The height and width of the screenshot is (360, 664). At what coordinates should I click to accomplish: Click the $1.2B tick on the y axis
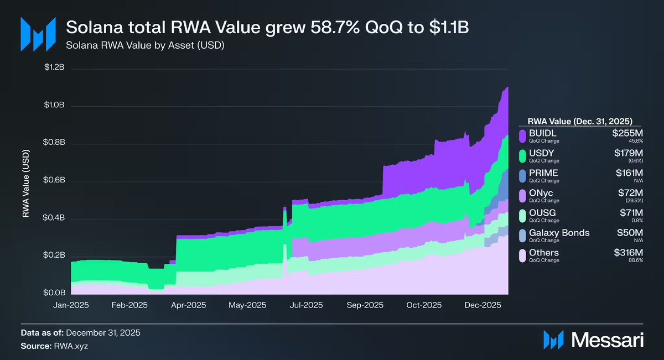pos(55,68)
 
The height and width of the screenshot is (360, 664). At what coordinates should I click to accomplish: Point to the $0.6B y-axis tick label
pos(55,180)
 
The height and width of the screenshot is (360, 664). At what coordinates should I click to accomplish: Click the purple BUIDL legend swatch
pos(522,135)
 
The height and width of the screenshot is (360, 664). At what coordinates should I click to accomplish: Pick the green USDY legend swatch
pos(522,155)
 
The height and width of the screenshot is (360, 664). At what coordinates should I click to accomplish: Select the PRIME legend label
pos(543,173)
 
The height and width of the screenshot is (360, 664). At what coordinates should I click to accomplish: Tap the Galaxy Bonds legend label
pos(559,233)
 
